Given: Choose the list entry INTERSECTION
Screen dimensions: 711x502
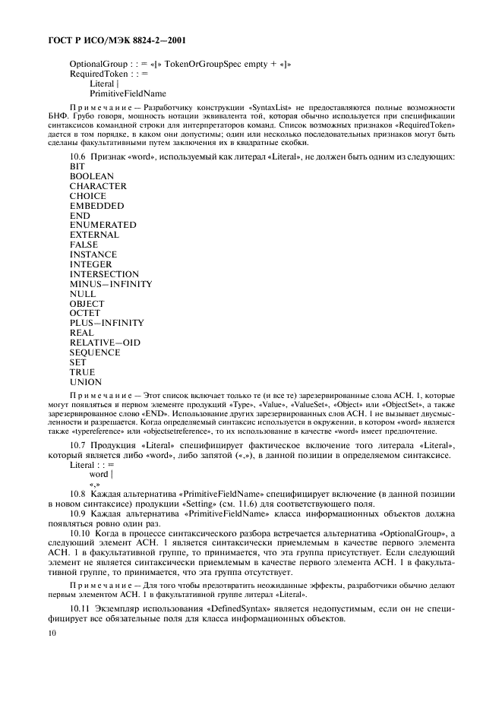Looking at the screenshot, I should (x=104, y=274).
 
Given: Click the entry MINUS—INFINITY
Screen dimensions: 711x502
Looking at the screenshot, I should (x=111, y=284).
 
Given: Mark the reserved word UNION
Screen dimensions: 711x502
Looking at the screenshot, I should (x=85, y=382).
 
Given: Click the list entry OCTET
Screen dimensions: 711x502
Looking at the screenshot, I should (x=85, y=314).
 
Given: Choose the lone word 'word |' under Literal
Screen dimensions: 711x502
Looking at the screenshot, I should (x=101, y=474).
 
